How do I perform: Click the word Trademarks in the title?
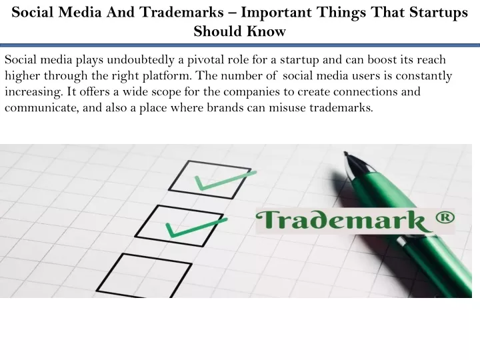pyautogui.click(x=182, y=12)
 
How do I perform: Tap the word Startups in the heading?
pyautogui.click(x=439, y=13)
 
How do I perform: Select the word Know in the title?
pyautogui.click(x=266, y=31)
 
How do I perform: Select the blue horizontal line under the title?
pyautogui.click(x=240, y=45)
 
